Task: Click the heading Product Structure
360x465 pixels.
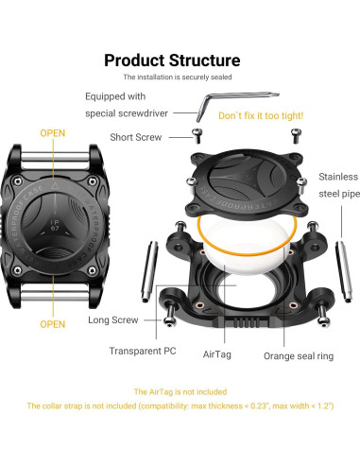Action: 172,60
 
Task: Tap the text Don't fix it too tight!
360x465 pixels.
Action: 261,115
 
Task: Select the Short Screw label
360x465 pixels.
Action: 136,137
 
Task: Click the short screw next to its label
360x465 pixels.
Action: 197,135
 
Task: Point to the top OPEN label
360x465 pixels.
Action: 53,133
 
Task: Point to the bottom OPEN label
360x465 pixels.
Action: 53,324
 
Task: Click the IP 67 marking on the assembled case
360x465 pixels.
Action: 55,225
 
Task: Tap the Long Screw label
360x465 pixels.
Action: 113,319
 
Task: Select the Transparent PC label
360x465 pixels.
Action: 143,351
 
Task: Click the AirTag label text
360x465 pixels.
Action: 217,354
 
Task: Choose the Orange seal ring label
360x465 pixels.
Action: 299,356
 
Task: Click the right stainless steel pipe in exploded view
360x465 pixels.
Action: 344,271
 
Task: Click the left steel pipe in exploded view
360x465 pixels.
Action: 149,271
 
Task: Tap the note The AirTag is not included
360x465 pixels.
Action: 180,392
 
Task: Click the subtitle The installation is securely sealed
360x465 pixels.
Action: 178,77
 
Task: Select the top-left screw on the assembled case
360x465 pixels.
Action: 18,181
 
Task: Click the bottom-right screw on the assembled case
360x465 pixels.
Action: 92,270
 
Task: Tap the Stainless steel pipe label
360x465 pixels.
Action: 339,185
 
